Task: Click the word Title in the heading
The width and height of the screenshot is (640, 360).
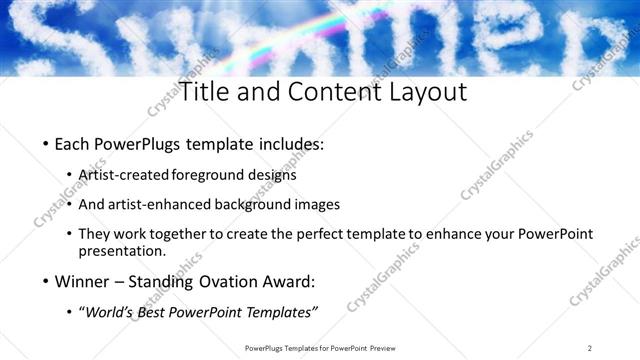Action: point(205,92)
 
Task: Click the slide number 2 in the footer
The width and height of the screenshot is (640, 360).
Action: point(590,348)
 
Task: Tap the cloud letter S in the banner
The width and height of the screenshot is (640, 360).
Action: point(40,40)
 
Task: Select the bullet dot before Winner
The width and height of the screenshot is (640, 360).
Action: point(46,281)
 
